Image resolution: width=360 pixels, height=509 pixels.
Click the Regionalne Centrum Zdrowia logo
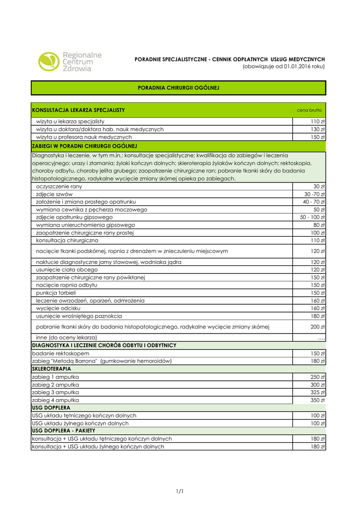click(70, 62)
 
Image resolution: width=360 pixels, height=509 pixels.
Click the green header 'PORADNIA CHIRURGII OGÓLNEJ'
click(178, 88)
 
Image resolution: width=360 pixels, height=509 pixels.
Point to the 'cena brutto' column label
click(309, 110)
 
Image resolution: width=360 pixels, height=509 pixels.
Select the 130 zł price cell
click(318, 129)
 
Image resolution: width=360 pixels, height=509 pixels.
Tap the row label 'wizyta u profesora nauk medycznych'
click(84, 137)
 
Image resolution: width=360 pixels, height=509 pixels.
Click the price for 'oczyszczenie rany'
click(319, 186)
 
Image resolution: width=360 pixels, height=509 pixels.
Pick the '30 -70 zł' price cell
click(315, 194)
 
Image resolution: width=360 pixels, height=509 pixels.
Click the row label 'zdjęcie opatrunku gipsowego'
click(74, 217)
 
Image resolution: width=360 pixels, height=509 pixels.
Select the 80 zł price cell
click(319, 225)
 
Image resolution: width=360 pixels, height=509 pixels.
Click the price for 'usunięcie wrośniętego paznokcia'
click(318, 316)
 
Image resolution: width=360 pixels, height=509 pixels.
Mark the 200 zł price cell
click(318, 327)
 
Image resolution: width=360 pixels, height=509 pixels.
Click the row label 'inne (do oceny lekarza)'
click(66, 338)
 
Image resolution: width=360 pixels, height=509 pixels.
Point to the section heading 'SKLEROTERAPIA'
click(51, 369)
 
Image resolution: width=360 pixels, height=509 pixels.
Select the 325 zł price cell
click(318, 392)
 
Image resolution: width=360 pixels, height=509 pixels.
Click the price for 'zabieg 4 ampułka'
click(317, 400)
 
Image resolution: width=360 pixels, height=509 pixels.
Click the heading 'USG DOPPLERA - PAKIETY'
click(64, 430)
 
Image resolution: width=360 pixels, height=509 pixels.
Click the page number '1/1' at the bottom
click(180, 492)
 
